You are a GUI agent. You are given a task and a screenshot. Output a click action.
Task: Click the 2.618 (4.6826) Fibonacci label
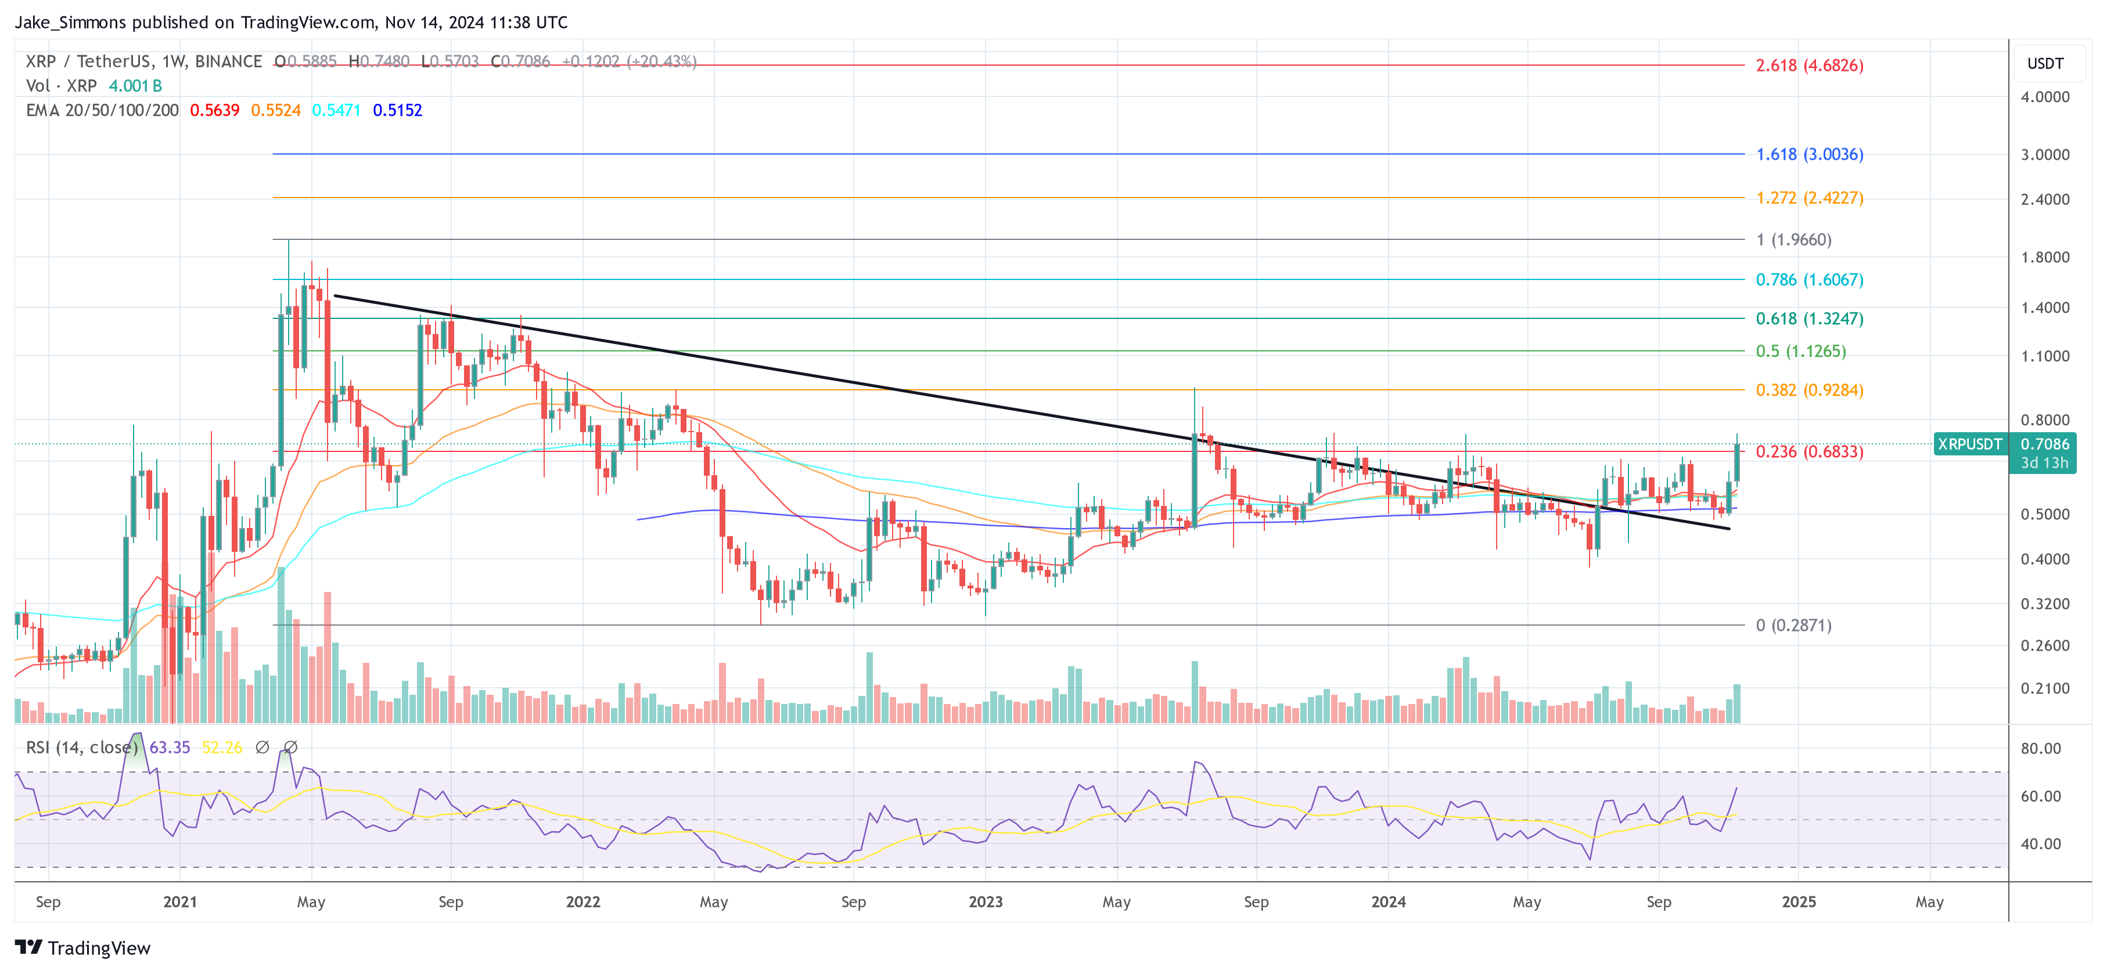[x=1808, y=66]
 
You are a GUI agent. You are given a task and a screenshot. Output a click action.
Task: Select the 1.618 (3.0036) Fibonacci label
[x=1808, y=155]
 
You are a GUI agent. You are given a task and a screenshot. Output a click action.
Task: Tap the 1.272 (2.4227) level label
[x=1808, y=198]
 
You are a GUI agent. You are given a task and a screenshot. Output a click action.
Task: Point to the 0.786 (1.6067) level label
[x=1808, y=280]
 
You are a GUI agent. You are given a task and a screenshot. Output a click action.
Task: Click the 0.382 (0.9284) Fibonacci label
[x=1808, y=390]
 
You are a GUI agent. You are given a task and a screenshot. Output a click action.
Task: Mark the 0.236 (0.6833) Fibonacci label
[x=1808, y=452]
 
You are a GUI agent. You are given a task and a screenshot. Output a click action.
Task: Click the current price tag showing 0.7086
[x=2044, y=444]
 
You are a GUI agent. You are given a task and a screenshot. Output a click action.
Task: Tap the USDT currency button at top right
[x=2044, y=64]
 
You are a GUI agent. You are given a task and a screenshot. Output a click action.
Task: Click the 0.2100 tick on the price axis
[x=2044, y=689]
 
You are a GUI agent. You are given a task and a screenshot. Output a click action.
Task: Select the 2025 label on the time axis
[x=1798, y=902]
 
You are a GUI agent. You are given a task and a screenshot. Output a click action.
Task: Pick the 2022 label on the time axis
[x=583, y=902]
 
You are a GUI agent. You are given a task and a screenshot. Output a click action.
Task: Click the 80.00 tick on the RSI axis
[x=2040, y=749]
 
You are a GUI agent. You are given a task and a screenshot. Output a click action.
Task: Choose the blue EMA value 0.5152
[x=397, y=110]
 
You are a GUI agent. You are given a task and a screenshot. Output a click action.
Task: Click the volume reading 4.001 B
[x=135, y=86]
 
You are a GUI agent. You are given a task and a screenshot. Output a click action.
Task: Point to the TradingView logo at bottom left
[x=82, y=947]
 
